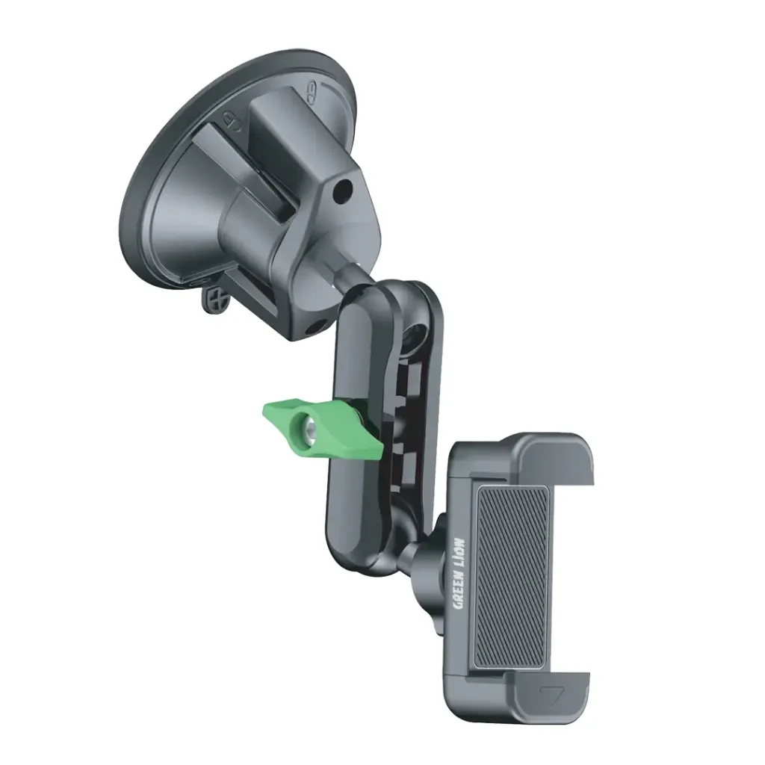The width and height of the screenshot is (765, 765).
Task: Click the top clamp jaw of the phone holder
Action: tap(553, 456)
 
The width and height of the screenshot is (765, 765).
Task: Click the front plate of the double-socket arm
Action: tap(356, 418)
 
